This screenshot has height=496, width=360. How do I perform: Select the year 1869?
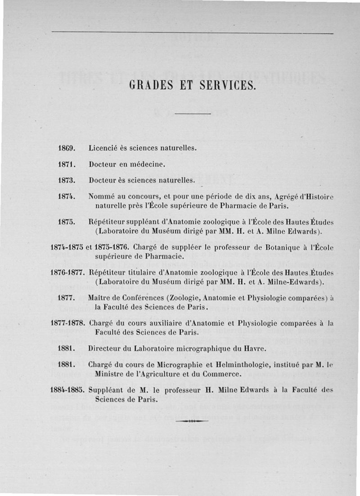pos(66,148)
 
